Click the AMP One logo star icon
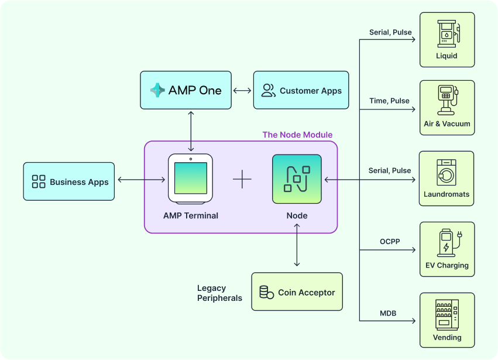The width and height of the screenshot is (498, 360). coord(157,90)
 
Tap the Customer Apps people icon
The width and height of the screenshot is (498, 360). coord(269,90)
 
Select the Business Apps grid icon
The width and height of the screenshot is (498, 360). coord(39,181)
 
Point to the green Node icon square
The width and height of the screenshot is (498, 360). coord(297,179)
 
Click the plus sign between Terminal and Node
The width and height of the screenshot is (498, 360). coord(242,179)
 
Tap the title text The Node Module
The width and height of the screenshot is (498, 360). coord(297,135)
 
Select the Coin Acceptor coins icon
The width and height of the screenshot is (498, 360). coord(266,292)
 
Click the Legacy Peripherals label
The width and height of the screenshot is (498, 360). coord(219,293)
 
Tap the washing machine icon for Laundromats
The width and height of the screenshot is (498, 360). coord(447,173)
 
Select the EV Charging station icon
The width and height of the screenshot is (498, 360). coord(447,244)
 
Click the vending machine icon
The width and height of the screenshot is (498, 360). coord(447,314)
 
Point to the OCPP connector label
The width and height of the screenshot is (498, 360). coord(389,241)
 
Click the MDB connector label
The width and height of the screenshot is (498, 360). coord(388,313)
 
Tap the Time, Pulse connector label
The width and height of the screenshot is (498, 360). coord(389,101)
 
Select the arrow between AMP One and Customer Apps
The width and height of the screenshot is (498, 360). coord(242,91)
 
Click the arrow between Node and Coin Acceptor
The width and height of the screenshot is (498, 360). coord(297,246)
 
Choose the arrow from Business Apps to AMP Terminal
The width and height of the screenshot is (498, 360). coord(140,179)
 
